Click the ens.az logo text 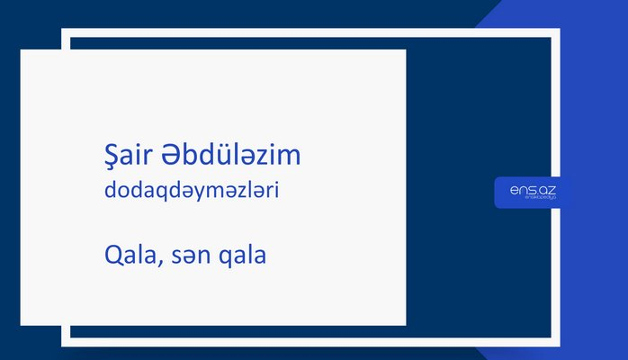[x=532, y=189]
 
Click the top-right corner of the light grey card [x=405, y=50]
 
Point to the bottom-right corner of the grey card [x=405, y=324]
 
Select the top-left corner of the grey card [x=21, y=50]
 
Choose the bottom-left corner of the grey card [x=21, y=324]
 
